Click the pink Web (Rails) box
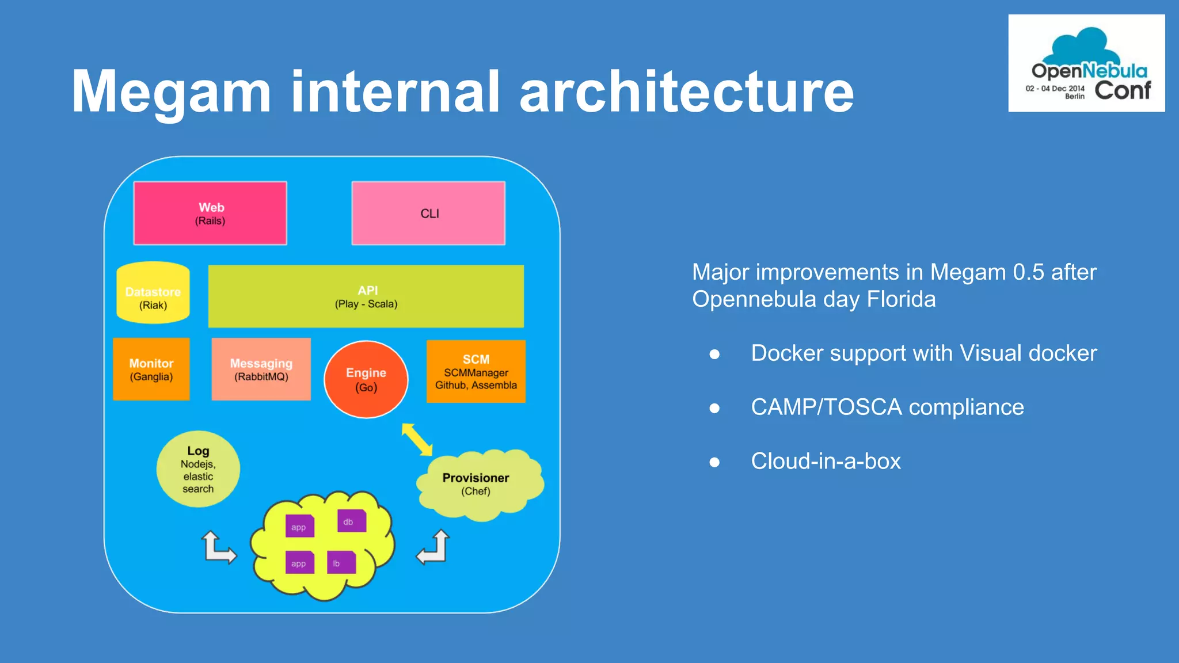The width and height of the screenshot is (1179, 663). coord(210,214)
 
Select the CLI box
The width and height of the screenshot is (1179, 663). coord(428,214)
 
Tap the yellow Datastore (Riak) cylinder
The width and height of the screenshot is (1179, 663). coord(153,294)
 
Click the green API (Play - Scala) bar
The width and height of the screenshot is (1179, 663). coord(366,296)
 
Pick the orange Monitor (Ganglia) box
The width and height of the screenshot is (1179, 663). coord(151,369)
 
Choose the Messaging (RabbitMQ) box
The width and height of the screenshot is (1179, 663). coord(261,369)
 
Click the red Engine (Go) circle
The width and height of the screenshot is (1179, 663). coord(366,380)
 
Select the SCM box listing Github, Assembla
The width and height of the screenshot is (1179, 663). coord(476,372)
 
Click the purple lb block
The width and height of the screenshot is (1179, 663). coord(341,563)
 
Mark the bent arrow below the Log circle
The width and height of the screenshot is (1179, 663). coord(218,548)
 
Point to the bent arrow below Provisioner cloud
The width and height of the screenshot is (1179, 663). coord(434,548)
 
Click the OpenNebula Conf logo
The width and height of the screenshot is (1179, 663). coord(1086,63)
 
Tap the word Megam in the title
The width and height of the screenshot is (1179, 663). coord(171,92)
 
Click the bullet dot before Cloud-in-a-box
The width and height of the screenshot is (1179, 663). coord(714,462)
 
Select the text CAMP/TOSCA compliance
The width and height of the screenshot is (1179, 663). coord(887,407)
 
